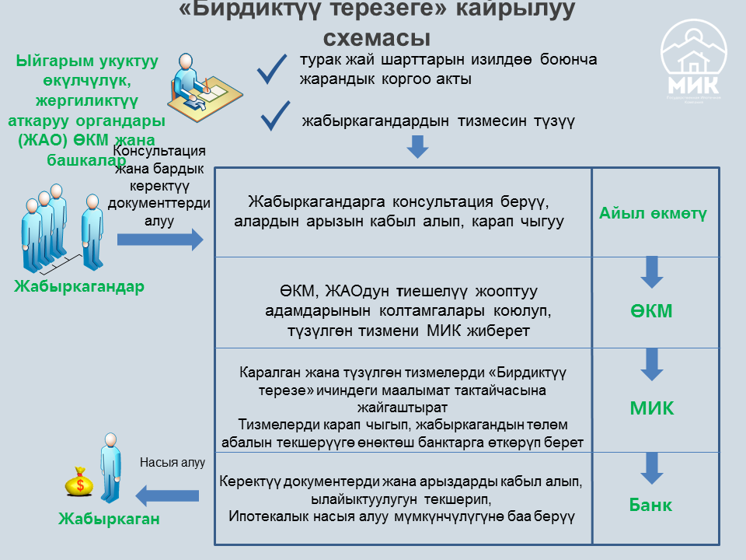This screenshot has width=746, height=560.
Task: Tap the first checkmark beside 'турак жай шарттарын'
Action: (x=273, y=69)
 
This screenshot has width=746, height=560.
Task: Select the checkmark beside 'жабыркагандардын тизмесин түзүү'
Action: (x=276, y=117)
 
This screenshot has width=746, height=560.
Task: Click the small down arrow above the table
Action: (x=418, y=146)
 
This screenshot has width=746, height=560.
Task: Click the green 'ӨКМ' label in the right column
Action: (x=651, y=311)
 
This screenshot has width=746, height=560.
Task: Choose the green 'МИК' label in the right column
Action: (x=651, y=408)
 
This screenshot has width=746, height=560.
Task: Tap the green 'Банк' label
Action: (x=650, y=505)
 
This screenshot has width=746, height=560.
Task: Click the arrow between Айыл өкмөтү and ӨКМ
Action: (x=651, y=271)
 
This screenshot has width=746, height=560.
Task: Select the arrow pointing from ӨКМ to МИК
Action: (x=651, y=363)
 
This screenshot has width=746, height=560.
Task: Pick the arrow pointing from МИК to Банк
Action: (x=651, y=467)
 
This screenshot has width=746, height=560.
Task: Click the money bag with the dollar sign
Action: (x=79, y=482)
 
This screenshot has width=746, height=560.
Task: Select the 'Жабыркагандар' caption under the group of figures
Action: (x=78, y=286)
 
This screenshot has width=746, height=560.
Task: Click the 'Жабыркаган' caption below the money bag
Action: (x=109, y=519)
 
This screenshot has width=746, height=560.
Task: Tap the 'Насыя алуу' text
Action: (x=172, y=462)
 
